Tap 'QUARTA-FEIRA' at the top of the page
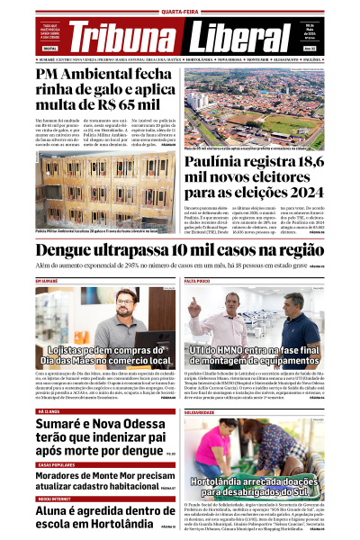[x=179, y=12]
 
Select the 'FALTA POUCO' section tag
[x=198, y=282]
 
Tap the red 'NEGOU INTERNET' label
[x=55, y=498]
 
